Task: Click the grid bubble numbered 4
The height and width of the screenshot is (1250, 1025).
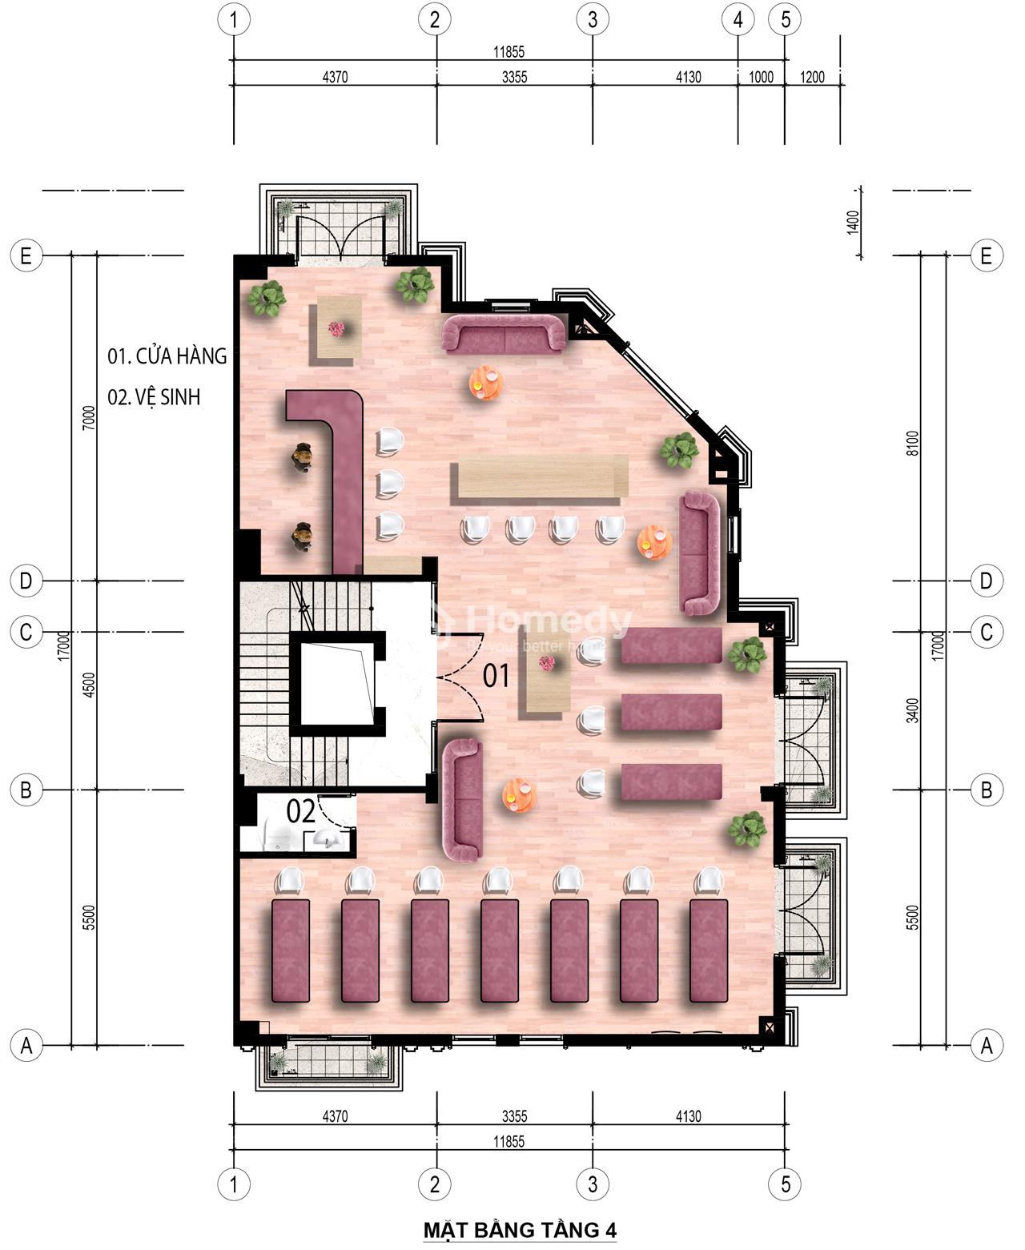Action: pos(738,19)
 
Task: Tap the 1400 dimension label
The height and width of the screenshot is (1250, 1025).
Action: pos(853,223)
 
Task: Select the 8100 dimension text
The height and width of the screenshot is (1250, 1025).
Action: pos(913,443)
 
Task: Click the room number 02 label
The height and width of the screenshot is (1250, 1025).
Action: pos(300,811)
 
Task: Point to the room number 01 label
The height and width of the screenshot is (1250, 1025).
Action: pos(496,676)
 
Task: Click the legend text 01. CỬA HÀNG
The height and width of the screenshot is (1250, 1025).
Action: pos(167,356)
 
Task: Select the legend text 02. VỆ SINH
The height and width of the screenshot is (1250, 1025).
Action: pos(154,396)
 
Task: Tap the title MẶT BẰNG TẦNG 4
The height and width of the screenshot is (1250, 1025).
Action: pos(520,1230)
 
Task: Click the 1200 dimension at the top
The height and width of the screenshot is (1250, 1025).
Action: pos(811,77)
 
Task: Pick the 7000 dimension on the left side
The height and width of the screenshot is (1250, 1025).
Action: pos(88,418)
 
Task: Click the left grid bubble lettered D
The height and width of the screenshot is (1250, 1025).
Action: pos(26,581)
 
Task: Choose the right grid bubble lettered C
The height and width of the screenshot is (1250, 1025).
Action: pos(986,632)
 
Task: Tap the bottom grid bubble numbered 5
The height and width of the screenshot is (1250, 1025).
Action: pos(785,1184)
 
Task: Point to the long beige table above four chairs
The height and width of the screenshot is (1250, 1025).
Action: pos(539,476)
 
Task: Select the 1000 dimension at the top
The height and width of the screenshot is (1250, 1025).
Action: pos(761,77)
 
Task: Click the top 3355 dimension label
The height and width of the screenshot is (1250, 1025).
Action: pos(514,77)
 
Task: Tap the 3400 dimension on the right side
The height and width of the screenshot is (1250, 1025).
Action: pos(913,710)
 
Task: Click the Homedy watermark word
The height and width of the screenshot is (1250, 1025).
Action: pos(549,621)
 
